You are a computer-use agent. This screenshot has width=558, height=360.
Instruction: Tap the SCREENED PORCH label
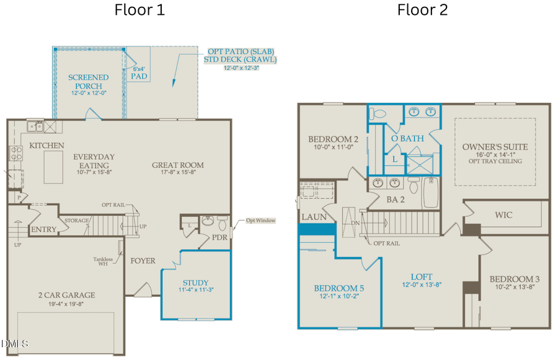(x=88, y=82)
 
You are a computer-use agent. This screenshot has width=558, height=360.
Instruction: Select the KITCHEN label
(x=46, y=146)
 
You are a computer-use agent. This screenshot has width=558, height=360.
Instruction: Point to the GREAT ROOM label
(x=178, y=165)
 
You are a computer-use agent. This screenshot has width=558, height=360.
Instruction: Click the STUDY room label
(x=195, y=283)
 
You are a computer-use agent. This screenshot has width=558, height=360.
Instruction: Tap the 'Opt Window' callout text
(x=259, y=221)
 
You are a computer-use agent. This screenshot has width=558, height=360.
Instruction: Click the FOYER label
(x=143, y=261)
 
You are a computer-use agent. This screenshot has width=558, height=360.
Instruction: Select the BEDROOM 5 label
(x=339, y=289)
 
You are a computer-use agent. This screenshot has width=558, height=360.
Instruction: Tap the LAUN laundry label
(x=310, y=217)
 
